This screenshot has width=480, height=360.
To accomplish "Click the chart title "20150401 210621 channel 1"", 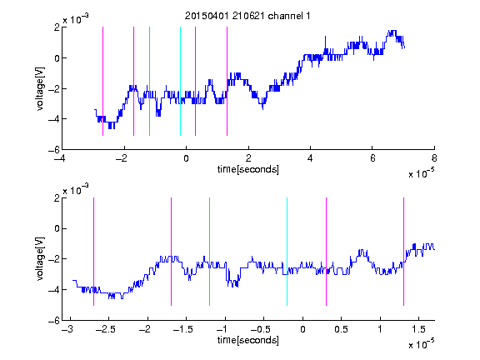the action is pyautogui.click(x=247, y=16).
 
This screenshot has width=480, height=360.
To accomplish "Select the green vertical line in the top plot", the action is pyautogui.click(x=149, y=81).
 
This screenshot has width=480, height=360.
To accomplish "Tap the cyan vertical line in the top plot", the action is pyautogui.click(x=180, y=81).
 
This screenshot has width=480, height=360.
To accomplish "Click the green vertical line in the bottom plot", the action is pyautogui.click(x=209, y=252).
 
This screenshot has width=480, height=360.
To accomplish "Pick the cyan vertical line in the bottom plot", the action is pyautogui.click(x=287, y=252).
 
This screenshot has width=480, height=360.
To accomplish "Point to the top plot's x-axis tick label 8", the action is pyautogui.click(x=434, y=158).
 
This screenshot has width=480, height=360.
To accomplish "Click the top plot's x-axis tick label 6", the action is pyautogui.click(x=372, y=158).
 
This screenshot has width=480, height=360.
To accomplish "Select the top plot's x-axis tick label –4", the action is pyautogui.click(x=60, y=158).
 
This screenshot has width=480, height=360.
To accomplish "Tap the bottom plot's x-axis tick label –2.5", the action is pyautogui.click(x=105, y=329).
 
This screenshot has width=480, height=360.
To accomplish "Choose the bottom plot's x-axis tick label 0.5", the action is pyautogui.click(x=341, y=329).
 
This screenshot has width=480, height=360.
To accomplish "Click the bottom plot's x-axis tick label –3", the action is pyautogui.click(x=67, y=329).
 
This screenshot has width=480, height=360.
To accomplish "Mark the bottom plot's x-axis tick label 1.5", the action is pyautogui.click(x=418, y=329).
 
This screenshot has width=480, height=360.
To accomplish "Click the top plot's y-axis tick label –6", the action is pyautogui.click(x=54, y=150).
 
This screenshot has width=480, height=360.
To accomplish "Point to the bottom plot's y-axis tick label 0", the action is pyautogui.click(x=57, y=228).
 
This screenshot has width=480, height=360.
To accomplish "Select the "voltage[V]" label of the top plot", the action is pyautogui.click(x=40, y=89).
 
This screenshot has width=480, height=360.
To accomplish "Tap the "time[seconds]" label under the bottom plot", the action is pyautogui.click(x=248, y=340).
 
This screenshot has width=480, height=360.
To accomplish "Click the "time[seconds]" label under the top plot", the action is pyautogui.click(x=248, y=169).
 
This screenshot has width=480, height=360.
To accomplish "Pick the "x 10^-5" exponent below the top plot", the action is pyautogui.click(x=421, y=173).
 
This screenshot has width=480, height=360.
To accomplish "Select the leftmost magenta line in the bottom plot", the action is pyautogui.click(x=93, y=252).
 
